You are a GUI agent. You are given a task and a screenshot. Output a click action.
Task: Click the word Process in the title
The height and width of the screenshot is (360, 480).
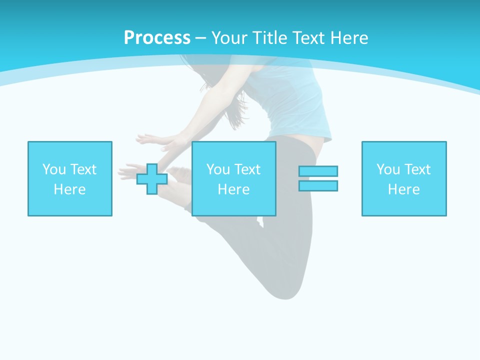(x=157, y=38)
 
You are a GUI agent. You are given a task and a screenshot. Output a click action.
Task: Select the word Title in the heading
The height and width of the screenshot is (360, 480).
(x=270, y=38)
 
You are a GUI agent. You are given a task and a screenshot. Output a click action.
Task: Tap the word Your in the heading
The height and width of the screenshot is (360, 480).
(x=230, y=38)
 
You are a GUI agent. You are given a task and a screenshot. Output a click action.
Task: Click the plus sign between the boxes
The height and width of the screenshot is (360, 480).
(x=152, y=179)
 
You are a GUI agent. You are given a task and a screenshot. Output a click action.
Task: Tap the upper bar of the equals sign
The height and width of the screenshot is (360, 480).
(x=318, y=171)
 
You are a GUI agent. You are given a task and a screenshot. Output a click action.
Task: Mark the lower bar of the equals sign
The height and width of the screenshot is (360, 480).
(x=318, y=186)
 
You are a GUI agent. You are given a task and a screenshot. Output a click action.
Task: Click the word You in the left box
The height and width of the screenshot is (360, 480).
(x=54, y=169)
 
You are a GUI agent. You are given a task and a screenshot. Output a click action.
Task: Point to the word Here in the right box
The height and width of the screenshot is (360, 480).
(x=404, y=189)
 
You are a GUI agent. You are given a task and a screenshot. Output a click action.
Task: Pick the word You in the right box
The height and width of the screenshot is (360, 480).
(x=388, y=169)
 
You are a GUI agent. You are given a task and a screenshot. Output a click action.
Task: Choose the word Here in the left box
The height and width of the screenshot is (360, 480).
(x=70, y=189)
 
